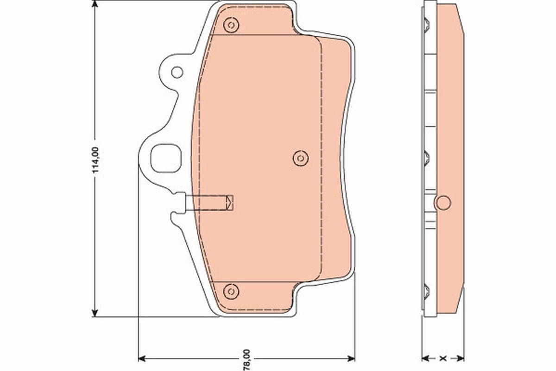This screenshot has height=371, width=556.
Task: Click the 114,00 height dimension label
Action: coord(96,160)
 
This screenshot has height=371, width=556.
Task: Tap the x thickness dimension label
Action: coord(443,358)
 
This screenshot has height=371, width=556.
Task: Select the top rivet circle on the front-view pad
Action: coord(230,25)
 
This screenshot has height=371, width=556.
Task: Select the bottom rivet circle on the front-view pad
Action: coord(230,291)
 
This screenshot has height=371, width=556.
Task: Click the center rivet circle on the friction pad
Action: coord(300,158)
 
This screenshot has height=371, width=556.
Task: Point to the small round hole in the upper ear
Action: coord(177,72)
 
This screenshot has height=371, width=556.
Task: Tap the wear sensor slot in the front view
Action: coord(208,202)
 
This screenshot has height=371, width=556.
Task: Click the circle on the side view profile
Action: coord(443,202)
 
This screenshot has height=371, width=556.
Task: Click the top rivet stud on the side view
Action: coord(426,23)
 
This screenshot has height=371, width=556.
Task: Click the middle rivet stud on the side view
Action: coord(426,158)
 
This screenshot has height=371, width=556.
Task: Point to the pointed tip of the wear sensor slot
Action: coord(232,202)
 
